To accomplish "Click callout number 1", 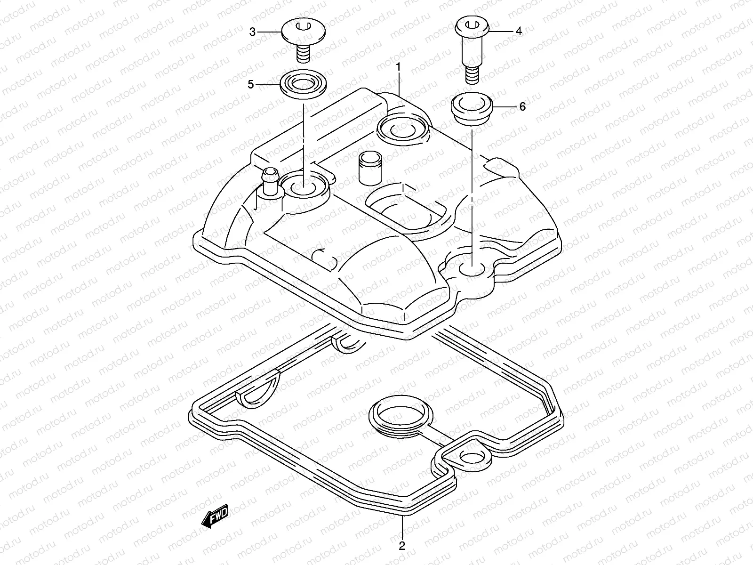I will pos(398,67).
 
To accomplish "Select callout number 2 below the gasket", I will pos(401,546).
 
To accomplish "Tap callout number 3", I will pos(252,32).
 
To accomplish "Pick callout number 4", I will pos(519,32).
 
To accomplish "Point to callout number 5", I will pos(251,85).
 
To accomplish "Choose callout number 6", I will pos(522,107).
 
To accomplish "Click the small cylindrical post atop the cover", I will pos(368,168).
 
